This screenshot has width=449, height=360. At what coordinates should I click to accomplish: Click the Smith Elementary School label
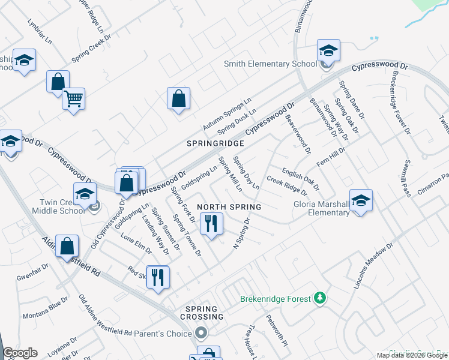point(270,64)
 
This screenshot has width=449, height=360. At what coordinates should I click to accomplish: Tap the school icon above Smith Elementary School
point(328,51)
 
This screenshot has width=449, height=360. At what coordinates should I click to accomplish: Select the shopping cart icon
point(73,99)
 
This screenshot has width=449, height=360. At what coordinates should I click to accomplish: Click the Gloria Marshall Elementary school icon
point(361,201)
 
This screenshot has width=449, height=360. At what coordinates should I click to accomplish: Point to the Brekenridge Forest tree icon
point(321,298)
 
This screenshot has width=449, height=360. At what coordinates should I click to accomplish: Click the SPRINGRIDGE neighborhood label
point(215,143)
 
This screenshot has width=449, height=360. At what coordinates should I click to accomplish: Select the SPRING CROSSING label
point(200,316)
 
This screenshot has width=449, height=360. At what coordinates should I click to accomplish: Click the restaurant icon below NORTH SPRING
point(211,224)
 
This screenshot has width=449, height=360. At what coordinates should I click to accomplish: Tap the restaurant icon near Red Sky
point(158,277)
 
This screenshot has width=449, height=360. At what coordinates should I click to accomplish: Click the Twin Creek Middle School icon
point(85,194)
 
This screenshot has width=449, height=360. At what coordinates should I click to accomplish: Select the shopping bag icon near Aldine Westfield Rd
point(67,246)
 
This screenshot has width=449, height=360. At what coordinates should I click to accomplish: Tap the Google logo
point(20,353)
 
